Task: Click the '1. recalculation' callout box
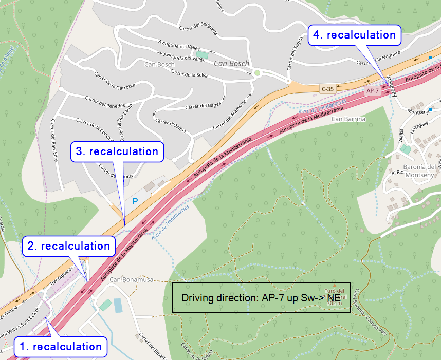pos(60,347)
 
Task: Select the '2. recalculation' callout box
pos(68,246)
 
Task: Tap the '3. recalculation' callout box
pos(117,151)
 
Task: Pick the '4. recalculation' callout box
pos(354,35)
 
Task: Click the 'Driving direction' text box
pos(261,297)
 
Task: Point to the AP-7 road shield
pos(373,91)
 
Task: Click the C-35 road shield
pos(327,89)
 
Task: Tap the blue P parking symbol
pos(135,202)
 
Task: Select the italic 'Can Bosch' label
pos(231,64)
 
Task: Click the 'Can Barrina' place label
pos(348,119)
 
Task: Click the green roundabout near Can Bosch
pos(257,73)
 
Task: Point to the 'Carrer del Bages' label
pos(199,106)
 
